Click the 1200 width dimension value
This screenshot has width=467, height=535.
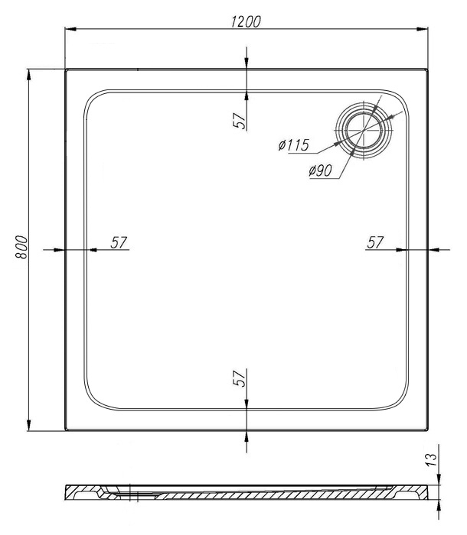[246, 21]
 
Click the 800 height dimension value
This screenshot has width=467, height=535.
[21, 247]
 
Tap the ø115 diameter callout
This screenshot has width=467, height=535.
[294, 145]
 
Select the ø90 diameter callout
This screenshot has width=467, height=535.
[320, 170]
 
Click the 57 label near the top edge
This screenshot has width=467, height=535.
[240, 121]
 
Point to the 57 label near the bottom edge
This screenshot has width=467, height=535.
[240, 378]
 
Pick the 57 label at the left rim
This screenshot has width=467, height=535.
[119, 242]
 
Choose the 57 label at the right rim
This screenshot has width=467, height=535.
[375, 242]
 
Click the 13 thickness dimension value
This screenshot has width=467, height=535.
[432, 460]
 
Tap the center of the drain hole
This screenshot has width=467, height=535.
[364, 130]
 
